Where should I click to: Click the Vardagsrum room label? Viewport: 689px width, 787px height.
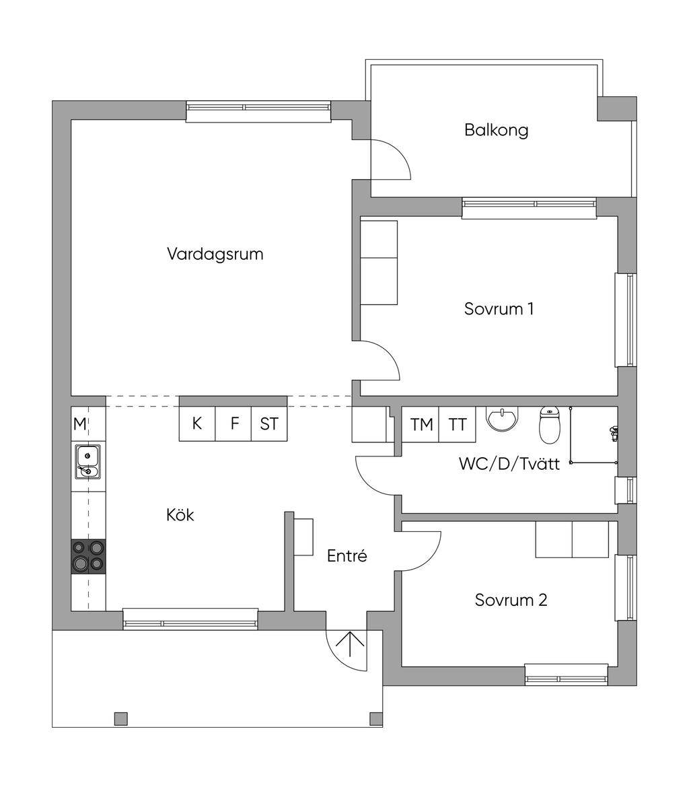pyautogui.click(x=215, y=254)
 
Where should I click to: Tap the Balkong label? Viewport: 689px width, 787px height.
pyautogui.click(x=496, y=130)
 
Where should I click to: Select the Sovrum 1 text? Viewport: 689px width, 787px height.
pyautogui.click(x=499, y=309)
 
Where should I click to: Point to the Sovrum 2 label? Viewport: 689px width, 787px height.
pyautogui.click(x=511, y=600)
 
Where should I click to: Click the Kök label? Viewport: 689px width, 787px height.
pyautogui.click(x=180, y=515)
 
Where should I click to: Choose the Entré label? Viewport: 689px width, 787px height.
pyautogui.click(x=347, y=556)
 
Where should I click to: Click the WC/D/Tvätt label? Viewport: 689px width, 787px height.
pyautogui.click(x=509, y=463)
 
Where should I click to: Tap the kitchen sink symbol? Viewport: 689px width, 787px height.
pyautogui.click(x=87, y=461)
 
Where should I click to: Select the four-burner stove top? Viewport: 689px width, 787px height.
pyautogui.click(x=88, y=556)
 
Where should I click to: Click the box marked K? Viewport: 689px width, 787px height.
pyautogui.click(x=196, y=424)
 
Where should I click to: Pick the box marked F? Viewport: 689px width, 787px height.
pyautogui.click(x=234, y=424)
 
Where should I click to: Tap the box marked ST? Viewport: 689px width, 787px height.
pyautogui.click(x=269, y=424)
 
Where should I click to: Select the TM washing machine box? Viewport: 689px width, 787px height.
pyautogui.click(x=421, y=425)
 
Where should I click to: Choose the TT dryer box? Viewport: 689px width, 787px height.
pyautogui.click(x=458, y=425)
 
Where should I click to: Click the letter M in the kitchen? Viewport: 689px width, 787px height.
pyautogui.click(x=80, y=424)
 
